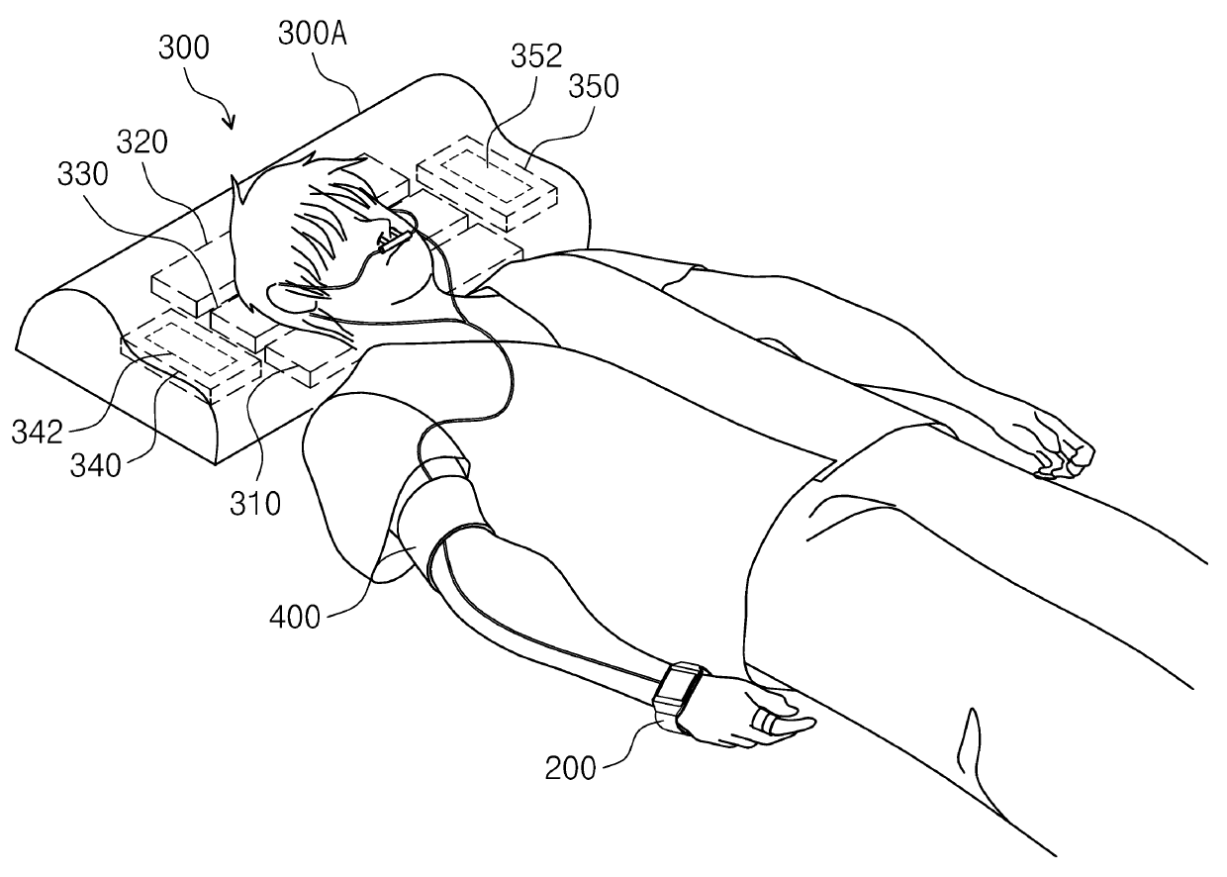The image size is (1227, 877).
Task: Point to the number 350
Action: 594,87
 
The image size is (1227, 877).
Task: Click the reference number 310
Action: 255,504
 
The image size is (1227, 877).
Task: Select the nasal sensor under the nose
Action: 398,238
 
